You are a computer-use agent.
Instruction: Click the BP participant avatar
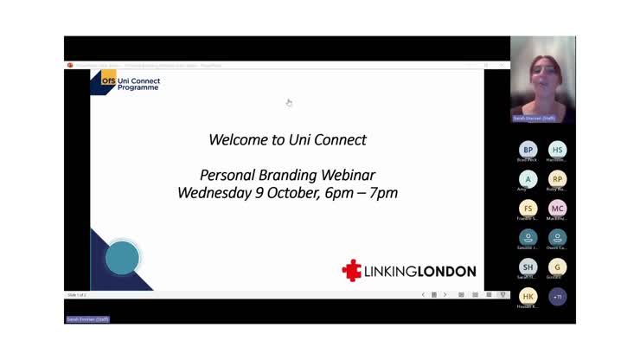tap(528, 150)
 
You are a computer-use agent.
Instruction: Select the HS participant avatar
tap(558, 150)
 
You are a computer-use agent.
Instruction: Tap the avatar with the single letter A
tap(528, 179)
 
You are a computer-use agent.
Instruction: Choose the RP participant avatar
tap(558, 179)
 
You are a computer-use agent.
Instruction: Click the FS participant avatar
tap(528, 209)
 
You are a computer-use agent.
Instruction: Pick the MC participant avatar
tap(558, 209)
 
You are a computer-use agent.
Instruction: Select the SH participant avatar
tap(528, 267)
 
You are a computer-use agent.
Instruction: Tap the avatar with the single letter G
tap(558, 267)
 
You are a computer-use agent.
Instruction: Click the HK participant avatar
tap(528, 296)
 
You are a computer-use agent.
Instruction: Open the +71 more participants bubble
tap(558, 296)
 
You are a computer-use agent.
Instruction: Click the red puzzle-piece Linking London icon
tap(352, 271)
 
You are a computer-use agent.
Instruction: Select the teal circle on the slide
tap(122, 258)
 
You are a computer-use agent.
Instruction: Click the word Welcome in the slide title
tap(236, 139)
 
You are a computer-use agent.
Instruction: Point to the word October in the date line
tap(292, 193)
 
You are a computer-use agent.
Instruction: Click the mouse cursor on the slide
tap(289, 103)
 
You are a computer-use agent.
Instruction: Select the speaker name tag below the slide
tap(87, 319)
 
